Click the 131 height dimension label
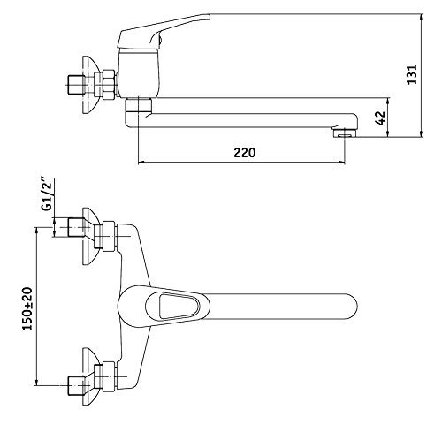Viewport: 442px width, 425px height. click(x=412, y=74)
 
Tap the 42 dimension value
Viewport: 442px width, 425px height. click(x=380, y=118)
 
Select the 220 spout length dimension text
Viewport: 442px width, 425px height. click(x=245, y=153)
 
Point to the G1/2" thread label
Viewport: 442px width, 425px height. click(x=47, y=194)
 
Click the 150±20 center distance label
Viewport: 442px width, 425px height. click(x=27, y=308)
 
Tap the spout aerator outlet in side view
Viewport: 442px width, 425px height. click(x=344, y=133)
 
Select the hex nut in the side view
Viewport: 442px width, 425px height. click(x=109, y=84)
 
